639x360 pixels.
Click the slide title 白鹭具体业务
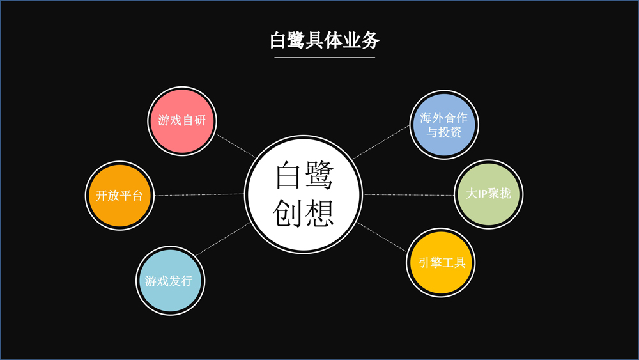[x=325, y=40]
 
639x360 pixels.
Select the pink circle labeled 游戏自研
[x=182, y=120]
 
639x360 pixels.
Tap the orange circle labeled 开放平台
[x=119, y=196]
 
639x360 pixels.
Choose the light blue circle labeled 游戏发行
[x=170, y=280]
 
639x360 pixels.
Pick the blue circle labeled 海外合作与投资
[x=443, y=125]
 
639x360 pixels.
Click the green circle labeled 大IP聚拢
[x=489, y=193]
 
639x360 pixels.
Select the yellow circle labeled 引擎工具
[x=441, y=262]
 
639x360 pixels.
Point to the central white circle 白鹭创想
[x=304, y=194]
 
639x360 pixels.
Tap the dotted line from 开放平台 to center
[x=199, y=194]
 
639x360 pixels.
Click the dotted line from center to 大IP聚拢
[x=409, y=194]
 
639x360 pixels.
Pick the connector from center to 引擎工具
[x=382, y=236]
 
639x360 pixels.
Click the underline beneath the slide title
[x=325, y=58]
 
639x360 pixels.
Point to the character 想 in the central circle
[x=319, y=213]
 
